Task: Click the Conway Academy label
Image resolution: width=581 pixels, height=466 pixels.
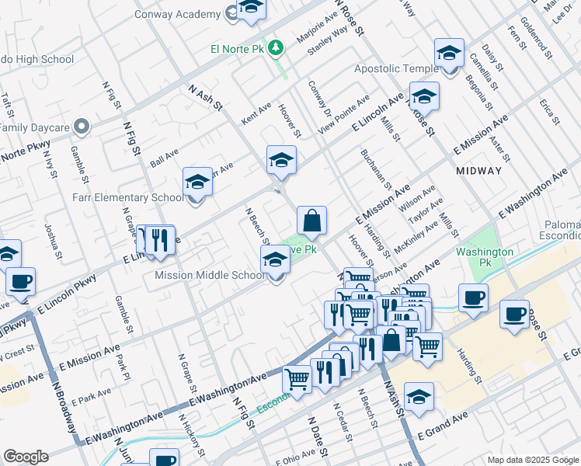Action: [176, 14]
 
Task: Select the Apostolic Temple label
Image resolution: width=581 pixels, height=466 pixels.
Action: [396, 69]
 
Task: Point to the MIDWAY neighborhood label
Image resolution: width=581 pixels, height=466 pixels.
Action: [478, 170]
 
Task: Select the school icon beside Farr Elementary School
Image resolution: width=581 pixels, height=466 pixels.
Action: [197, 183]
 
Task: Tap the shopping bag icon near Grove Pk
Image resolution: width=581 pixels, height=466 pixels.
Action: [311, 221]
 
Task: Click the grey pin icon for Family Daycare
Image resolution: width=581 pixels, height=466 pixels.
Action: [80, 126]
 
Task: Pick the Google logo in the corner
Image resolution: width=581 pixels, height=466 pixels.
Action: [26, 457]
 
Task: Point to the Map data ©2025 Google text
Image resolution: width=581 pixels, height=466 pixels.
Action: [533, 460]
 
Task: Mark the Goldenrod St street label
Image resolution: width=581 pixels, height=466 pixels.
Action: [536, 39]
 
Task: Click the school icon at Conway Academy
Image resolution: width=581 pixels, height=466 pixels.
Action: [251, 8]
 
